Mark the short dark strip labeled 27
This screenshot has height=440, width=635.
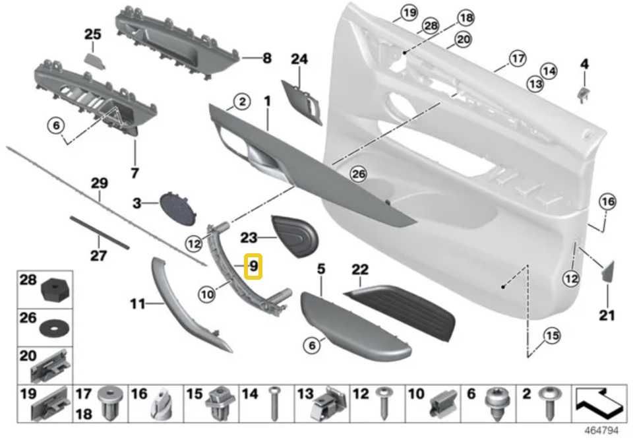[100, 232]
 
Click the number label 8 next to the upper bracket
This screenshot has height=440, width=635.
[266, 59]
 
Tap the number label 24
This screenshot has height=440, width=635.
[299, 59]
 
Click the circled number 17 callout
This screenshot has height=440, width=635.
[518, 59]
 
